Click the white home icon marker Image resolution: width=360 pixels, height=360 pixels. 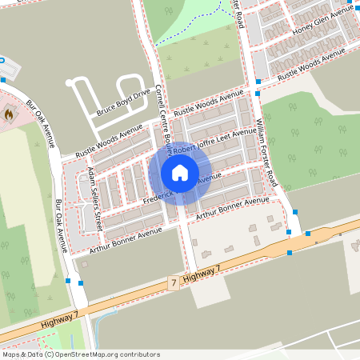180,173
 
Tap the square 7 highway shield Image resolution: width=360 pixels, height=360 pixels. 173,283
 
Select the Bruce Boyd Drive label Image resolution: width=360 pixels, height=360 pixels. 124,102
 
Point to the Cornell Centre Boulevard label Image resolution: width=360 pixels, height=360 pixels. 163,120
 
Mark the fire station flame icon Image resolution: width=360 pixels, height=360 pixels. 7,114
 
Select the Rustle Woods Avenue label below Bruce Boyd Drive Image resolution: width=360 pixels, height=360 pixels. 108,141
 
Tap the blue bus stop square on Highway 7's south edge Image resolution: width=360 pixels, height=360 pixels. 289,253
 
